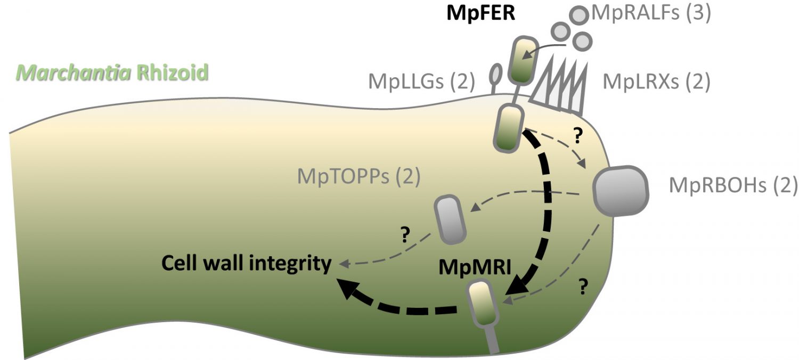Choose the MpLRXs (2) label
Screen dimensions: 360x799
point(656,83)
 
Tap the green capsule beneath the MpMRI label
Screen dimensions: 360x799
point(483,304)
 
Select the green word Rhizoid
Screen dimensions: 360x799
point(172,72)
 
